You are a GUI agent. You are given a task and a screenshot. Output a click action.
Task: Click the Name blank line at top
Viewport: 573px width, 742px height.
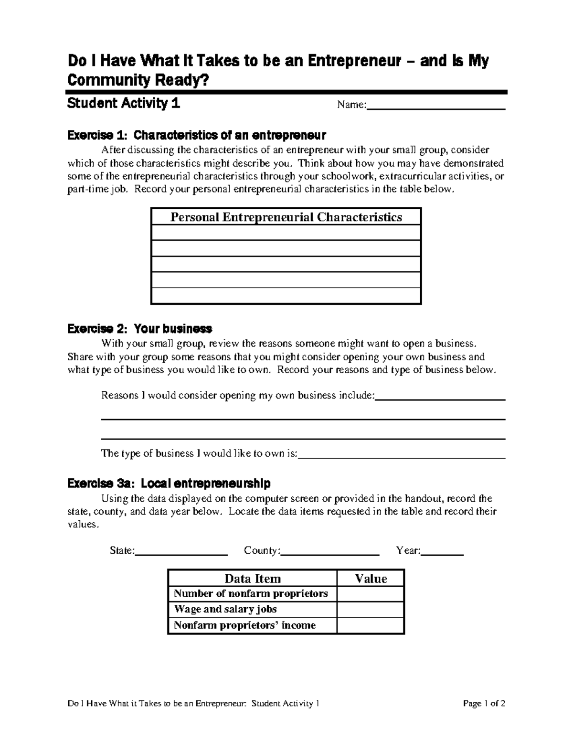click(x=435, y=106)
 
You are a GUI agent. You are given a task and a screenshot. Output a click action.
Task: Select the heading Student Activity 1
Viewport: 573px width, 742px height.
click(x=124, y=103)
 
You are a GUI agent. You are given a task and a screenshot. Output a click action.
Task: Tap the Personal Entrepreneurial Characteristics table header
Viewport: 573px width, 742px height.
click(x=286, y=217)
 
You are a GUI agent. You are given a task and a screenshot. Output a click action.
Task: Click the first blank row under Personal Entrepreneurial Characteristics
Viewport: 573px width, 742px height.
click(x=286, y=233)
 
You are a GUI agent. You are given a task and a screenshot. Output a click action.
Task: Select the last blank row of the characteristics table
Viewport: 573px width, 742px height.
click(x=286, y=296)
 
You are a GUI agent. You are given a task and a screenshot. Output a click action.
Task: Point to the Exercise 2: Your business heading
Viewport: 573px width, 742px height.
click(x=140, y=329)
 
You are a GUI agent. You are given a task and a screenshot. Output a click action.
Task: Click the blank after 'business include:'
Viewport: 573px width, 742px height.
click(x=440, y=396)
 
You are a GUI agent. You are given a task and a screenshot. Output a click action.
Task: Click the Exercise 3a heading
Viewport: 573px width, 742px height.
click(x=169, y=484)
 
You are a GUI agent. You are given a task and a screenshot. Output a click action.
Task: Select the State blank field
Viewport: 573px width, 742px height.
click(x=181, y=551)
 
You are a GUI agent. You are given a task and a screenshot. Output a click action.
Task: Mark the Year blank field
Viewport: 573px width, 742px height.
click(x=442, y=551)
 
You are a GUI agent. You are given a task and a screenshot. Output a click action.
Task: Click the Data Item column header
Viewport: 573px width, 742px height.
click(x=253, y=579)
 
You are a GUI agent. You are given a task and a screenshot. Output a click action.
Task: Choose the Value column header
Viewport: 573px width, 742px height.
click(x=371, y=579)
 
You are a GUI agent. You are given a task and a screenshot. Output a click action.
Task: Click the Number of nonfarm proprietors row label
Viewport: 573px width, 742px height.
click(x=251, y=594)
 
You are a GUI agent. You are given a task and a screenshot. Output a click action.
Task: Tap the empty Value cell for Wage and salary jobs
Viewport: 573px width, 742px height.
click(x=371, y=610)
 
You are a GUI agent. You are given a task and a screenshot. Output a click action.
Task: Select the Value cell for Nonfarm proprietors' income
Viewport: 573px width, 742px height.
click(x=371, y=625)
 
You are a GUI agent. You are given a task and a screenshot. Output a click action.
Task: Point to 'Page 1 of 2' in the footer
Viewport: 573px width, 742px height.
click(x=484, y=703)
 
